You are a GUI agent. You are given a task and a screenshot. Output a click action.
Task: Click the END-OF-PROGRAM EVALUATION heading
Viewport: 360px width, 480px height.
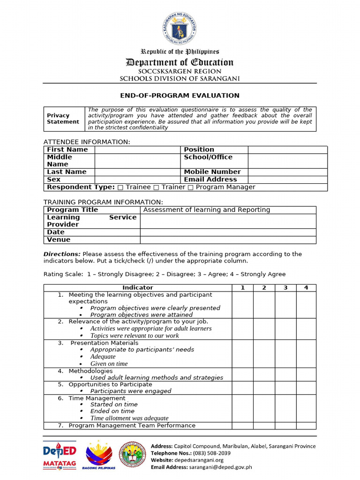coord(180,96)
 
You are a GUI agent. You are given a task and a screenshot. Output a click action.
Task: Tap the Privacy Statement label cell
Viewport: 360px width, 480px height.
coord(63,119)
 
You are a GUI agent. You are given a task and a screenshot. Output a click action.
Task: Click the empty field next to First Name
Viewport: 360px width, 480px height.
coord(138,150)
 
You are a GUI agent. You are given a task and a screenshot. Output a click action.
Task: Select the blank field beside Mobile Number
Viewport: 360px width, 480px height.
coord(287,172)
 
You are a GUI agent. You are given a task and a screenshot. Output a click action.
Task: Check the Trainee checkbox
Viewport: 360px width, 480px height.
coord(120,187)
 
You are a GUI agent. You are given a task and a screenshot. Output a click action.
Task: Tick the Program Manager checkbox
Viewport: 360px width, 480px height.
coord(190,187)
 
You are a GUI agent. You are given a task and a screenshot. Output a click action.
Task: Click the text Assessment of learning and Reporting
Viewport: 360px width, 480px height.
coord(207,210)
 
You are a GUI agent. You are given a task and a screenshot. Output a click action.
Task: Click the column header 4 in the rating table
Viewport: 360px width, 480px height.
coord(306,288)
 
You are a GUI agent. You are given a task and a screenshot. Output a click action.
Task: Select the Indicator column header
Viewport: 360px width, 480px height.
coord(138,288)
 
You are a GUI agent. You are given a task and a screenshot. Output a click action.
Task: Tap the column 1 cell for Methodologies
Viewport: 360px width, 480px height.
coord(243,374)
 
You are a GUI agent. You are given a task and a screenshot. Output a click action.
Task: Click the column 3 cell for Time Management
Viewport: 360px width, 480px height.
coord(285,408)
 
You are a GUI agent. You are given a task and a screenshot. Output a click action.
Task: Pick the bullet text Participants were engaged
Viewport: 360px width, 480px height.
coord(131,391)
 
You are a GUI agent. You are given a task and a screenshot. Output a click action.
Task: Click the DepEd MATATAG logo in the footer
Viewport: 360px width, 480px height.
coord(60,455)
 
